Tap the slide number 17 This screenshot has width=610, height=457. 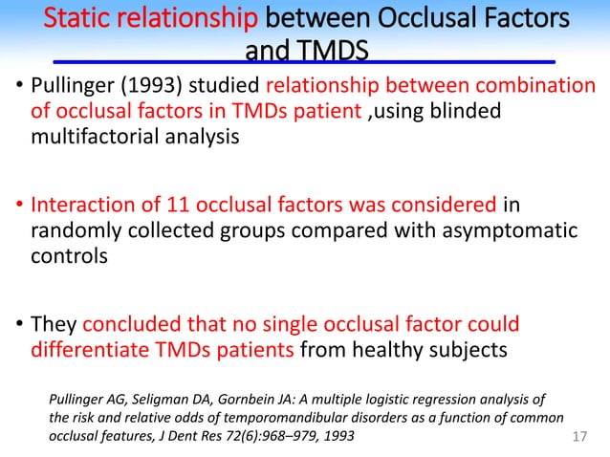coord(577,435)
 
